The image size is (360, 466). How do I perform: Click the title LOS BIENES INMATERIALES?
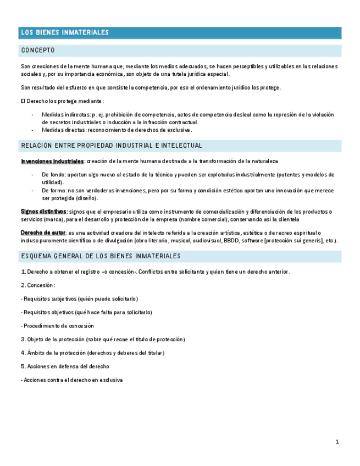click(x=65, y=33)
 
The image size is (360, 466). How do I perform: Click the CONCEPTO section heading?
click(x=38, y=51)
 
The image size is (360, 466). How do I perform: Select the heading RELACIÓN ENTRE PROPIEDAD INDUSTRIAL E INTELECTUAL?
click(x=112, y=146)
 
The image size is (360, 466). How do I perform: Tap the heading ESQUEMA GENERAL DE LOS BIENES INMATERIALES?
click(x=101, y=257)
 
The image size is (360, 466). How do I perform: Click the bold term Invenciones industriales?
click(x=52, y=161)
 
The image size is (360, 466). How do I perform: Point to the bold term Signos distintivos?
click(x=43, y=212)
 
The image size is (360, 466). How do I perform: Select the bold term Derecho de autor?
click(x=43, y=232)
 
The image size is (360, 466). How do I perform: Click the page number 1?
click(x=337, y=442)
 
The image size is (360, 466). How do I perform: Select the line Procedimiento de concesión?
click(x=58, y=326)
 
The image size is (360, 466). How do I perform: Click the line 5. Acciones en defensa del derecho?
click(x=65, y=366)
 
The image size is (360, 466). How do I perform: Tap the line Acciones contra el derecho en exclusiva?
click(x=71, y=380)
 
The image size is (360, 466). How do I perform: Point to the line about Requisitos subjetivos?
click(x=80, y=298)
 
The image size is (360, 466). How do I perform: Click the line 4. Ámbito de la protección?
click(x=92, y=353)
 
